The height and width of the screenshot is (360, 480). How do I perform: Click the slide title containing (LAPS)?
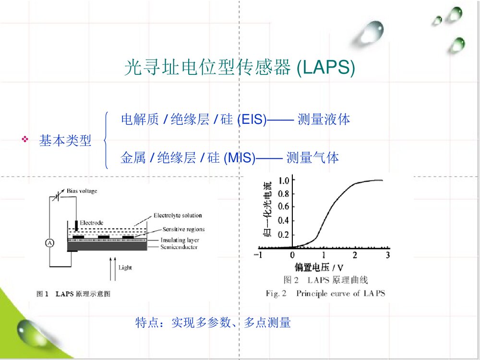point(240,69)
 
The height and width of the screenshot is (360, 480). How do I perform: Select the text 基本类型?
point(65,141)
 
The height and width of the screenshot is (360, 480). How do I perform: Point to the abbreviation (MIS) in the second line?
point(239,158)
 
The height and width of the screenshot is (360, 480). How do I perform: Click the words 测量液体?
point(324,120)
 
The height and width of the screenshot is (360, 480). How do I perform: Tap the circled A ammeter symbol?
point(49,243)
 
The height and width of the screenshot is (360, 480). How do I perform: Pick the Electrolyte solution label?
point(178,216)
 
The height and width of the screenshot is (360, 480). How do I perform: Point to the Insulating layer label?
point(180,240)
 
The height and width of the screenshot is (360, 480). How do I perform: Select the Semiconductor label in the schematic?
point(179,247)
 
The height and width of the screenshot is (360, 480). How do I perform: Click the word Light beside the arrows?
point(125,267)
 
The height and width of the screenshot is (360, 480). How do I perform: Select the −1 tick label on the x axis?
point(258,254)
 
